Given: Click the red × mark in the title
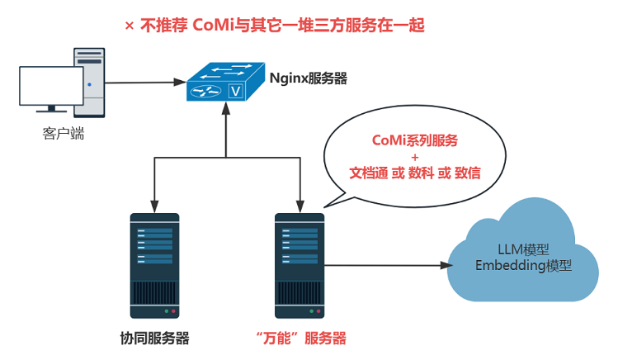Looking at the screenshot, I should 129,26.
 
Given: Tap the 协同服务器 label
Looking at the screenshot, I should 155,339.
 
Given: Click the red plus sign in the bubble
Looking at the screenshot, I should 415,156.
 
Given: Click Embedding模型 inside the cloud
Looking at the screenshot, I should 524,267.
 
